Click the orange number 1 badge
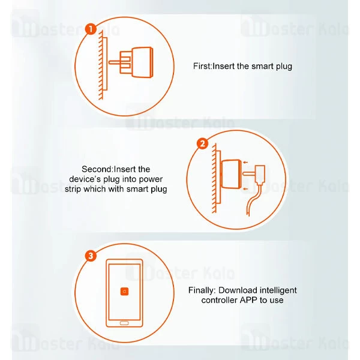[x=91, y=29]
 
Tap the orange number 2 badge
[x=202, y=144]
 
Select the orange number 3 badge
[x=91, y=256]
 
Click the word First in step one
[x=202, y=66]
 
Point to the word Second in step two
[x=97, y=169]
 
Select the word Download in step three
[x=237, y=290]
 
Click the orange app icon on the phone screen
[x=124, y=292]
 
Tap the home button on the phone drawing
[x=124, y=323]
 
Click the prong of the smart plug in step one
[x=115, y=62]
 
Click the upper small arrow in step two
[x=245, y=163]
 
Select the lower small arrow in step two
[x=245, y=189]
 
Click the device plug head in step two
[x=260, y=175]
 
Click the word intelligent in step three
[x=277, y=290]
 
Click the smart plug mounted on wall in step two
[x=230, y=174]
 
